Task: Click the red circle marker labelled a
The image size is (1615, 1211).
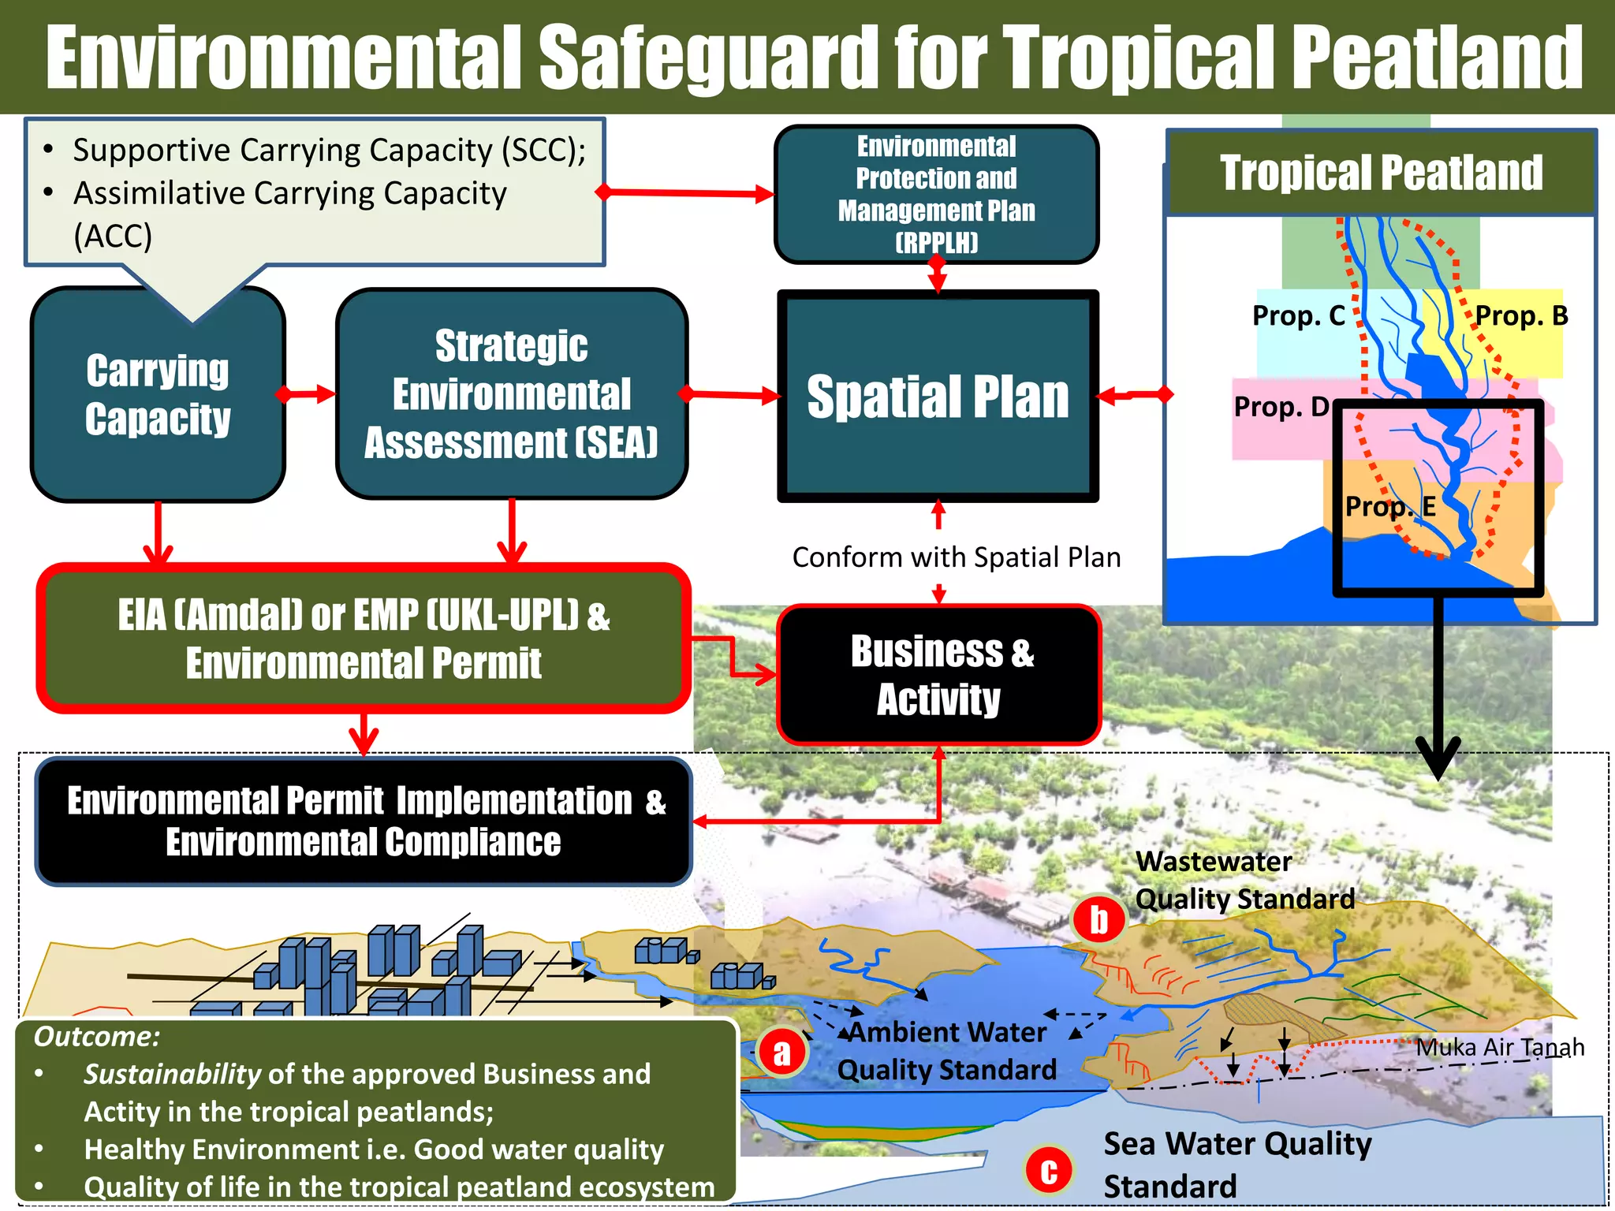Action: point(781,1052)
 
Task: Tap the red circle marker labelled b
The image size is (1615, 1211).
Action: point(1098,919)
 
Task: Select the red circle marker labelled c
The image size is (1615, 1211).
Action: point(1049,1170)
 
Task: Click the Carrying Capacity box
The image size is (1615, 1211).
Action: point(158,394)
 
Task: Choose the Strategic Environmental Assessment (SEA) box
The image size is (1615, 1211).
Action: point(512,394)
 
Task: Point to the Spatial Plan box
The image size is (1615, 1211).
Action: point(938,397)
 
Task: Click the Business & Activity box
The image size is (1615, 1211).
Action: point(939,675)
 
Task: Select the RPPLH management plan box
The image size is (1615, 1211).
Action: point(937,194)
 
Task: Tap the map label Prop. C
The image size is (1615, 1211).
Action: point(1298,316)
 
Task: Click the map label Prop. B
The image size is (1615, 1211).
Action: point(1521,316)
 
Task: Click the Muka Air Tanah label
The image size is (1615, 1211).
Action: point(1500,1047)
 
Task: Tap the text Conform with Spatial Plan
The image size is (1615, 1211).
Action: point(956,557)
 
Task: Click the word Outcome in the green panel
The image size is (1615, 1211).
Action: point(96,1037)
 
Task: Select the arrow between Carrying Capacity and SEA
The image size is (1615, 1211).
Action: point(306,393)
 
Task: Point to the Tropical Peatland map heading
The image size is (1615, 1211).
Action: point(1382,173)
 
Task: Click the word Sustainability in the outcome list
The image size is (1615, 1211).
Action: point(172,1074)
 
